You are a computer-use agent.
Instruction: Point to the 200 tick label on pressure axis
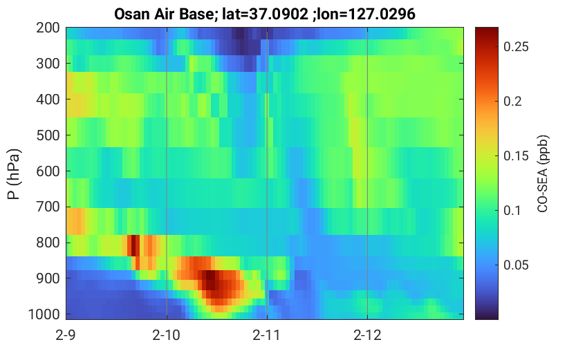[x=48, y=28]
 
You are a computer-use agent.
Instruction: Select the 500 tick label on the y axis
[x=48, y=135]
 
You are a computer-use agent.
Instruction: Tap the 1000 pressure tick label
[x=44, y=314]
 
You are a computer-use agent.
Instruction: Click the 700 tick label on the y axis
[x=48, y=207]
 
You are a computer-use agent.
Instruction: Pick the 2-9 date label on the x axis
[x=66, y=335]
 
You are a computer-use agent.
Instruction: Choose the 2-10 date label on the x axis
[x=167, y=335]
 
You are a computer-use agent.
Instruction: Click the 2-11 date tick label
[x=266, y=335]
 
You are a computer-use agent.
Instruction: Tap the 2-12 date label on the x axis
[x=367, y=335]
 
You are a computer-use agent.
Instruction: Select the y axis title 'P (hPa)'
[x=14, y=174]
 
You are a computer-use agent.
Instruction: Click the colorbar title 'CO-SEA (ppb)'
[x=543, y=173]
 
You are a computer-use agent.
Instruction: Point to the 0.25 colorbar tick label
[x=516, y=46]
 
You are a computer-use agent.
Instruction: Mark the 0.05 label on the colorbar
[x=516, y=265]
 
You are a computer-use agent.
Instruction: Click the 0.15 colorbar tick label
[x=516, y=156]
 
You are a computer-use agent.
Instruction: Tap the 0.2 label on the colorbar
[x=512, y=102]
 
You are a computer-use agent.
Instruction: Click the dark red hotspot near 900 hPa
[x=210, y=280]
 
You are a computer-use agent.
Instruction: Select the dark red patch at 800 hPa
[x=133, y=245]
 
